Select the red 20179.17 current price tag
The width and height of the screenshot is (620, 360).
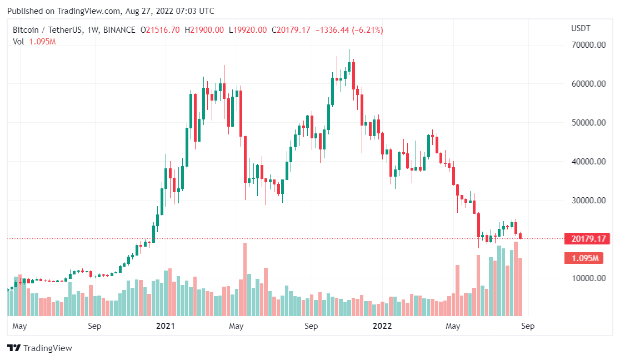click(587, 239)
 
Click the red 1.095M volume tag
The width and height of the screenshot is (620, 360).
click(587, 258)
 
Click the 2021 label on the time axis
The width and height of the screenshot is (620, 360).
click(165, 326)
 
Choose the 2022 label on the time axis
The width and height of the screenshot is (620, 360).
click(382, 326)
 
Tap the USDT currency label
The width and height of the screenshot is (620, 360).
click(581, 28)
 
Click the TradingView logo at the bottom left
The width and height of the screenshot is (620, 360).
click(39, 348)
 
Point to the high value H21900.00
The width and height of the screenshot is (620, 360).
click(204, 30)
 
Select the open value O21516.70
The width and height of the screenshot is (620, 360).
click(160, 30)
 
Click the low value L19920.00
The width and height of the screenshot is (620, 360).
click(247, 30)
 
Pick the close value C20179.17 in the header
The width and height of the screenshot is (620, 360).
click(291, 30)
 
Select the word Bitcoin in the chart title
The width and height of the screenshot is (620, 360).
click(26, 30)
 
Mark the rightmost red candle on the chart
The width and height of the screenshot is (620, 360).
click(520, 236)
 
